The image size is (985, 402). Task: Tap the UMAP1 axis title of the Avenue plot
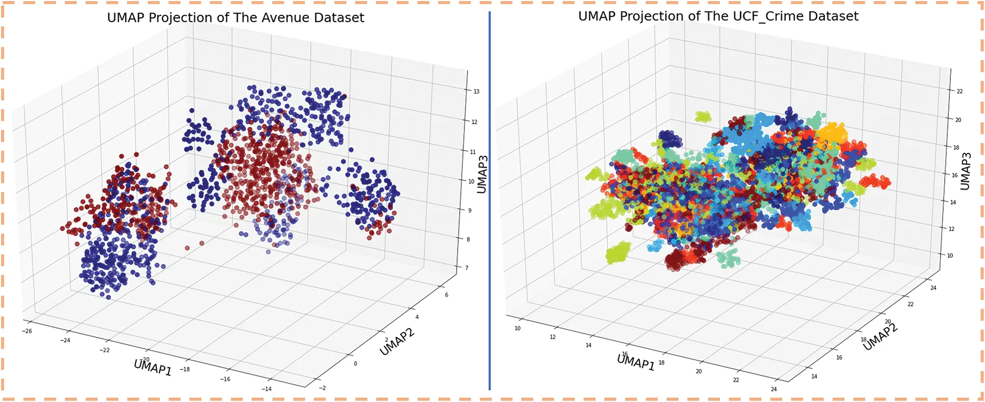(x=153, y=367)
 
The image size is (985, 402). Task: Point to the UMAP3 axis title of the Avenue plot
(x=482, y=174)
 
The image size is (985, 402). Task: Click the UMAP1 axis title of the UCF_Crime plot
(x=636, y=362)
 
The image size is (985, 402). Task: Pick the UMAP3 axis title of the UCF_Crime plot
(x=965, y=171)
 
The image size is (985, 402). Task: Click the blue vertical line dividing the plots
(x=489, y=204)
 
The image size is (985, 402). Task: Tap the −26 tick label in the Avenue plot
(x=26, y=331)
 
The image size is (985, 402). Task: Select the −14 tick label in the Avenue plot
(x=266, y=389)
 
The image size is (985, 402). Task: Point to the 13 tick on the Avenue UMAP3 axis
(x=476, y=92)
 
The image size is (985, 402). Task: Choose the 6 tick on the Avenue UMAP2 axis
(x=446, y=295)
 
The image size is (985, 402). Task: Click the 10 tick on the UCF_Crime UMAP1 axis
(x=518, y=328)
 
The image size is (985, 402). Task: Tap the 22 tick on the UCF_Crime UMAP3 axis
(x=960, y=92)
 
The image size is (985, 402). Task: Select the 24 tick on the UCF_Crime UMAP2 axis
(x=933, y=288)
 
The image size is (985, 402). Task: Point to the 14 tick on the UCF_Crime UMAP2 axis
(x=814, y=376)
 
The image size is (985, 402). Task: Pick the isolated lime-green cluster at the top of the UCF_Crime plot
(x=703, y=117)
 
